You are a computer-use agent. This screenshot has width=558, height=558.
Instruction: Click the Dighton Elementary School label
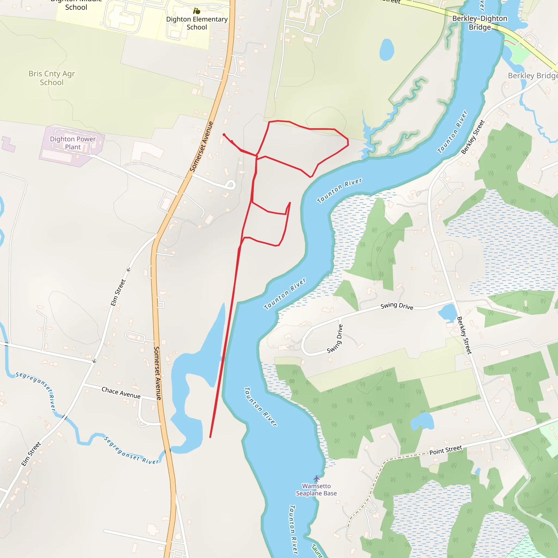[x=197, y=23]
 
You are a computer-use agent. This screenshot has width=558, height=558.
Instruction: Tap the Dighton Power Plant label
[x=72, y=143]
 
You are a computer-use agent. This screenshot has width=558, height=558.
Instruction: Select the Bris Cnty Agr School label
[x=52, y=78]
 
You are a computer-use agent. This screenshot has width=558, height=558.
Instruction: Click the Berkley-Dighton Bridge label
[x=480, y=23]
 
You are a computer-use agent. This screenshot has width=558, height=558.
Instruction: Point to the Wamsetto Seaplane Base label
[x=316, y=490]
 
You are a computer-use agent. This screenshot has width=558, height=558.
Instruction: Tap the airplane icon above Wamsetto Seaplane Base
[x=317, y=478]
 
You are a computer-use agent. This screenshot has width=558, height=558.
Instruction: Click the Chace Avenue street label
[x=121, y=393]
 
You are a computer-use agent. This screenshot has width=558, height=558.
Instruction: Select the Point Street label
[x=446, y=450]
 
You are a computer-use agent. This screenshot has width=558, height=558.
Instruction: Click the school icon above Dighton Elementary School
[x=197, y=11]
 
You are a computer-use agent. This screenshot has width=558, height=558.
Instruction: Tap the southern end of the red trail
[x=210, y=437]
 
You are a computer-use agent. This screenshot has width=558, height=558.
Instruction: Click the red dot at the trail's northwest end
[x=224, y=135]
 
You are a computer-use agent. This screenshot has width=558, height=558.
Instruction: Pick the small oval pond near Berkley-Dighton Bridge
[x=387, y=49]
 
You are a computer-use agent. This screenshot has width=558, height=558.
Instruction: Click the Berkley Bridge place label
[x=532, y=76]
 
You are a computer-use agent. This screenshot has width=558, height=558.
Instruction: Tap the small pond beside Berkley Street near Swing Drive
[x=447, y=313]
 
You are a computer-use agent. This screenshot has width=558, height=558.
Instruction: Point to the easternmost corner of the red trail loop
[x=348, y=141]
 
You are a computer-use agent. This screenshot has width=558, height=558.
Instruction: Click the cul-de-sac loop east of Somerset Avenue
[x=231, y=184]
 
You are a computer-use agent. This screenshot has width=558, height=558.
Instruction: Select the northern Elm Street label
[x=118, y=292]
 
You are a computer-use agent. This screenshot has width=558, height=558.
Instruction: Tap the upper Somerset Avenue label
[x=201, y=147]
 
